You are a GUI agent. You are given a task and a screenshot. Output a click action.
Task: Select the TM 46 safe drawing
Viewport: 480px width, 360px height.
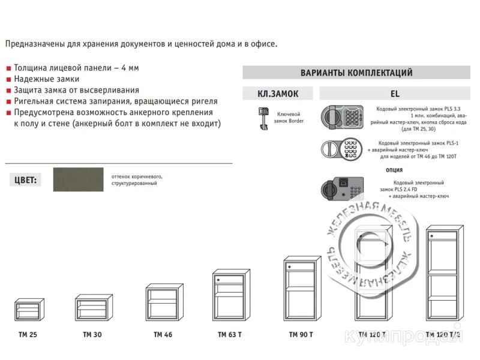[163, 303]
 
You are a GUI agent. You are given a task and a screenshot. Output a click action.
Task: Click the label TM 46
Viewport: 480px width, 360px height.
[163, 334]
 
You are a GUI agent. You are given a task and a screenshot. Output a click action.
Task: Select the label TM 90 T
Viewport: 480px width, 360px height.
[301, 334]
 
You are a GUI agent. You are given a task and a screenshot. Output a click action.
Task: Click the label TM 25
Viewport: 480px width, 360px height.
[28, 334]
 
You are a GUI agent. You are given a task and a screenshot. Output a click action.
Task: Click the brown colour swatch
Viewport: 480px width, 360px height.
[79, 179]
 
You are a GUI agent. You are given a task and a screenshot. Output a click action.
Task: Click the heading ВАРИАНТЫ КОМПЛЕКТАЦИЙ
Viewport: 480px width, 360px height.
[356, 73]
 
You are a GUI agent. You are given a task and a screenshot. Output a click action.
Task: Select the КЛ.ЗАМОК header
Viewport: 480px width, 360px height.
[277, 94]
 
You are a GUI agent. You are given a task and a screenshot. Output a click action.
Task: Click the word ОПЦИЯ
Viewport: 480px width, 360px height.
[394, 170]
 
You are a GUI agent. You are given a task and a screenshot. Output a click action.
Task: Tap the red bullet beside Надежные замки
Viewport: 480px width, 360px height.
[8, 79]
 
